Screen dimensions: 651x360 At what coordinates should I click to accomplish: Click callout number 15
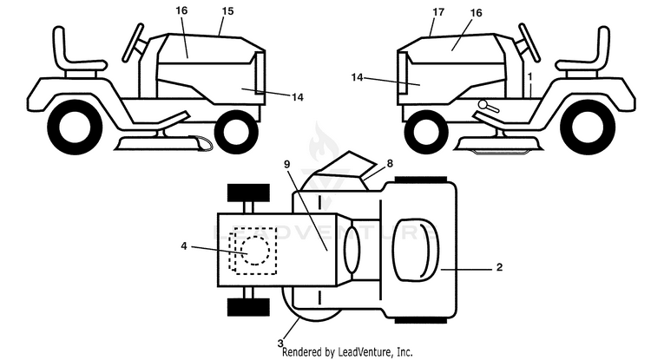pos(227,11)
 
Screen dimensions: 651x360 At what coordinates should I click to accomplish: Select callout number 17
pos(438,12)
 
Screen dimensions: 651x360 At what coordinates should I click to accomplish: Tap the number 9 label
pos(287,164)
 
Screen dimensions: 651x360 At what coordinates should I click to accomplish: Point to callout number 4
pos(184,246)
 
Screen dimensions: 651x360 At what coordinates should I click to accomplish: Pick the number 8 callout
pos(390,163)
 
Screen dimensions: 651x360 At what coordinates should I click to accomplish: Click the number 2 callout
pos(499,267)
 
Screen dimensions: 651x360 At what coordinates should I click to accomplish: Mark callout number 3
pos(280,344)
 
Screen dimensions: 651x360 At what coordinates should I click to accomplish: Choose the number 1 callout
pos(529,76)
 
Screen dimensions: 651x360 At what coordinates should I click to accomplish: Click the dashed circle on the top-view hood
pos(255,250)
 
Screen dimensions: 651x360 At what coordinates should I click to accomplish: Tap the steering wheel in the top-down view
pos(352,250)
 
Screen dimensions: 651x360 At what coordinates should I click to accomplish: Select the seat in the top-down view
pos(416,249)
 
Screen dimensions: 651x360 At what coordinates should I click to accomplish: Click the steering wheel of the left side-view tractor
pos(134,43)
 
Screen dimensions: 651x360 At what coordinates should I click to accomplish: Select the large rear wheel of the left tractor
pos(76,128)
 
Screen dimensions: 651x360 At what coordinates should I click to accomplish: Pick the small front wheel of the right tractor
pos(426,133)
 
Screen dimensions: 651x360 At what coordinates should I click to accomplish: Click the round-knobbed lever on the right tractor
pos(488,106)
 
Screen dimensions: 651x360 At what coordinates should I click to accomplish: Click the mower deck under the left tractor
pos(158,143)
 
